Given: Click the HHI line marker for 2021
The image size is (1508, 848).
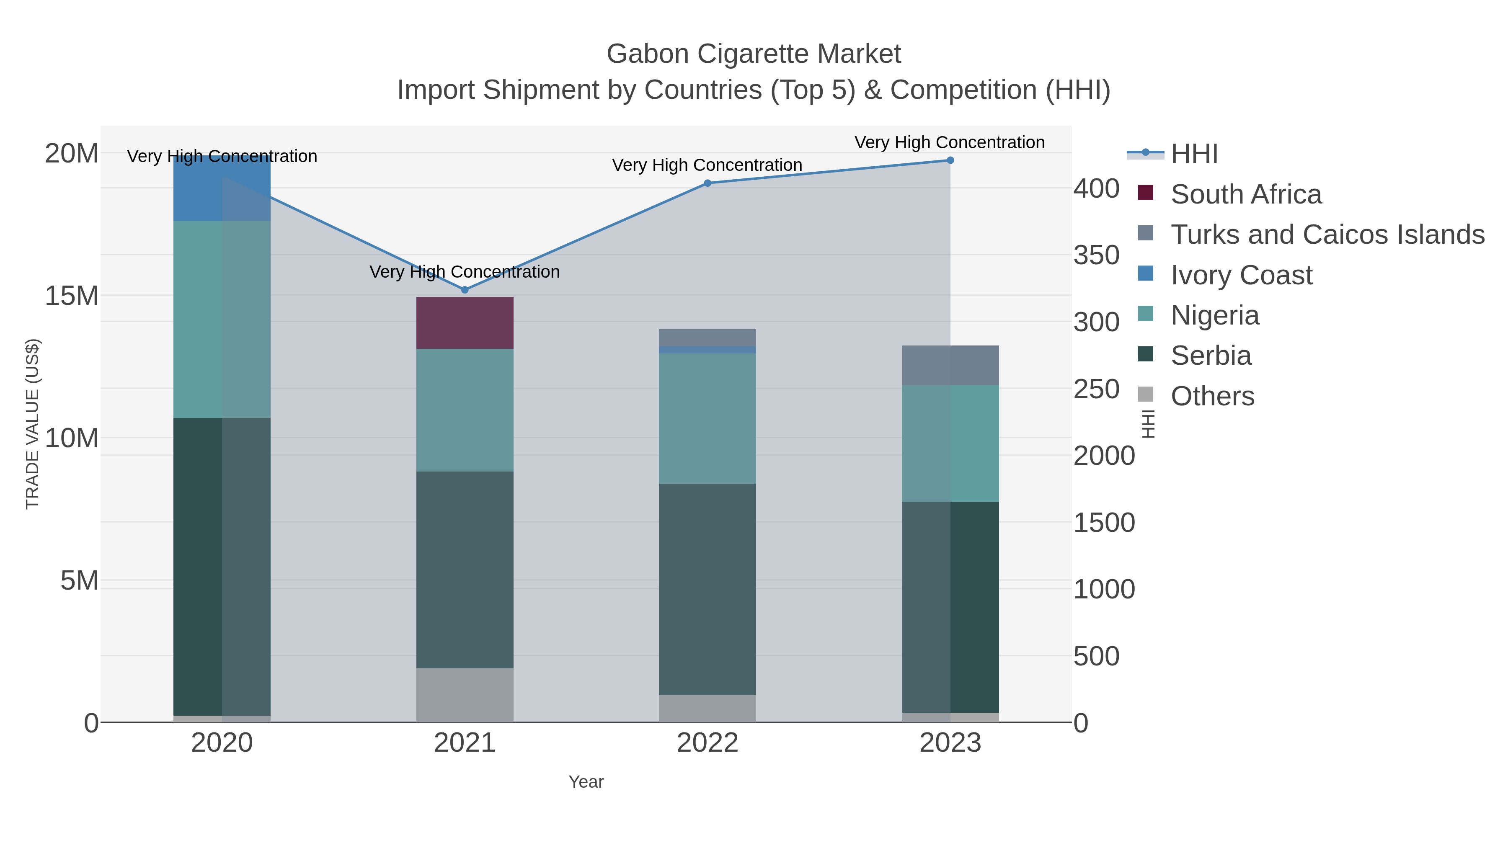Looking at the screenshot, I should tap(465, 290).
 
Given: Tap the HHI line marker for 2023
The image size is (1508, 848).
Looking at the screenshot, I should tap(950, 160).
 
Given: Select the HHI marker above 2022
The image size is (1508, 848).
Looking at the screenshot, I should tap(707, 183).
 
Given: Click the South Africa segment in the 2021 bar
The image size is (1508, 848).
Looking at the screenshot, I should tap(465, 323).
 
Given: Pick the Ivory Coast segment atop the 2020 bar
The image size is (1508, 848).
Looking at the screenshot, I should tap(222, 188).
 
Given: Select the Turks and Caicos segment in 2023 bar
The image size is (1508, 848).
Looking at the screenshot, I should tap(950, 366).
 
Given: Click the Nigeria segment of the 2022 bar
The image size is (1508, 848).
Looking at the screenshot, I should tap(707, 418).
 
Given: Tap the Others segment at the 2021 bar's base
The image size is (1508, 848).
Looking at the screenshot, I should tap(465, 695).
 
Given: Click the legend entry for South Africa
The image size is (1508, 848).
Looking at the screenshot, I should tap(1246, 194).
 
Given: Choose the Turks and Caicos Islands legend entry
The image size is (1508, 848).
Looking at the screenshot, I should tap(1327, 235).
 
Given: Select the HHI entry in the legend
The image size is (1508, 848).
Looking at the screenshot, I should tap(1194, 154).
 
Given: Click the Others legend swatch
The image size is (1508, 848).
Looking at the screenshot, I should tap(1146, 395).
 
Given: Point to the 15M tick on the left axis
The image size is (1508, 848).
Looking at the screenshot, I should tap(71, 296).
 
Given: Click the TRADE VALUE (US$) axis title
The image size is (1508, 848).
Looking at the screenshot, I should tap(33, 424).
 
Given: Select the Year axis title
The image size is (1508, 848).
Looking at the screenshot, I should tap(586, 782).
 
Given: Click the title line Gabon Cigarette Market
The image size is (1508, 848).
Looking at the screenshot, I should tap(754, 54).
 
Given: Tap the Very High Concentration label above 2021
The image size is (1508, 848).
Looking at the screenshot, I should tap(465, 272).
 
